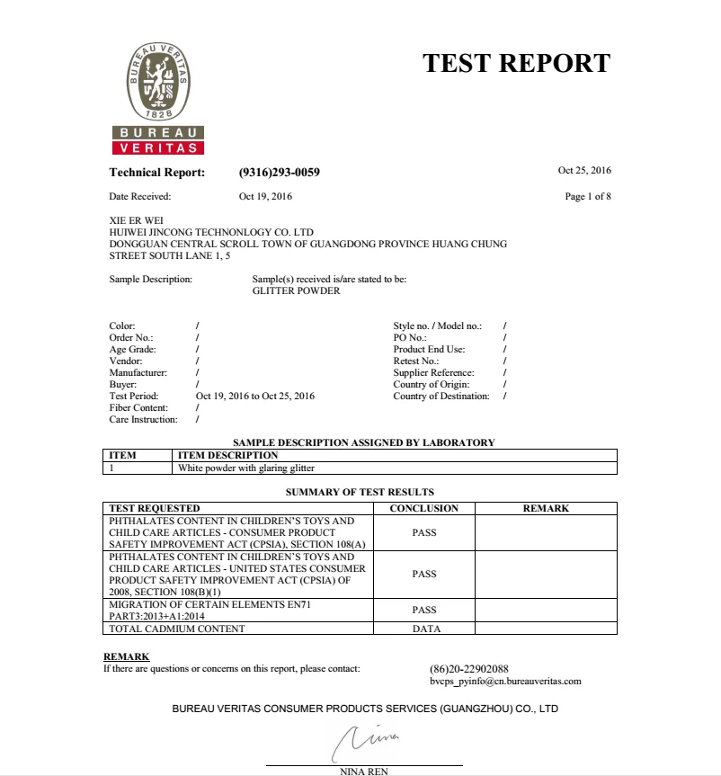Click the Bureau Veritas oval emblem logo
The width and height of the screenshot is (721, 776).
click(x=159, y=81)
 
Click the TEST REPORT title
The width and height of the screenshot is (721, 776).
click(x=516, y=63)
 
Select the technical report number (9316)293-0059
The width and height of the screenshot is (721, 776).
click(x=279, y=173)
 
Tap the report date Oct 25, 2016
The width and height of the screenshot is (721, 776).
click(x=584, y=170)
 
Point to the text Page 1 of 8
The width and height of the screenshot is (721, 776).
click(x=588, y=196)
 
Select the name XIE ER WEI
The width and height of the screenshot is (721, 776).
click(x=136, y=219)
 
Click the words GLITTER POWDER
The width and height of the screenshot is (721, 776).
click(x=296, y=290)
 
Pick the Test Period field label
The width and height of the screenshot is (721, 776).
click(x=133, y=396)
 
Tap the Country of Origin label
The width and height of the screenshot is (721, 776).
click(x=432, y=384)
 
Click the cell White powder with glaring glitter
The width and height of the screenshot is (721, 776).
click(x=247, y=468)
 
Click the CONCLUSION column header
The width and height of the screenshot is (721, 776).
click(x=423, y=508)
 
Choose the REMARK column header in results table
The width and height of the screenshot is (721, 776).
click(x=546, y=508)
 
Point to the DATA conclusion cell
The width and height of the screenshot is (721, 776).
click(x=426, y=629)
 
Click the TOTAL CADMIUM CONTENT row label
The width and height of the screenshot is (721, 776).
click(x=176, y=629)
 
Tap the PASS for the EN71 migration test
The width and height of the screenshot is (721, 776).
click(x=423, y=610)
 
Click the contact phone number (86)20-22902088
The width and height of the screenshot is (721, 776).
click(x=469, y=668)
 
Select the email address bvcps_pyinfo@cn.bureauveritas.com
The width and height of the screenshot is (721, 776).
click(x=505, y=681)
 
